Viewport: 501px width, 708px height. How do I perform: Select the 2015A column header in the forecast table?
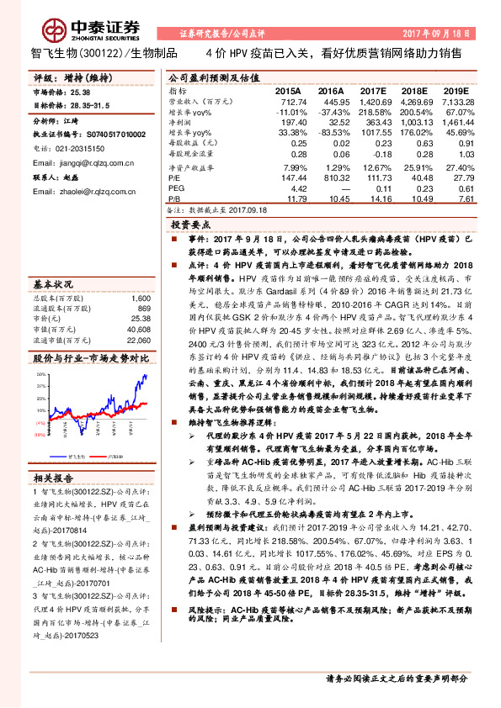(288, 89)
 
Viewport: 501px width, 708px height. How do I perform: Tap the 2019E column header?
(456, 89)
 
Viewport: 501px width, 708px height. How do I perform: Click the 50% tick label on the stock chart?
(40, 372)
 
